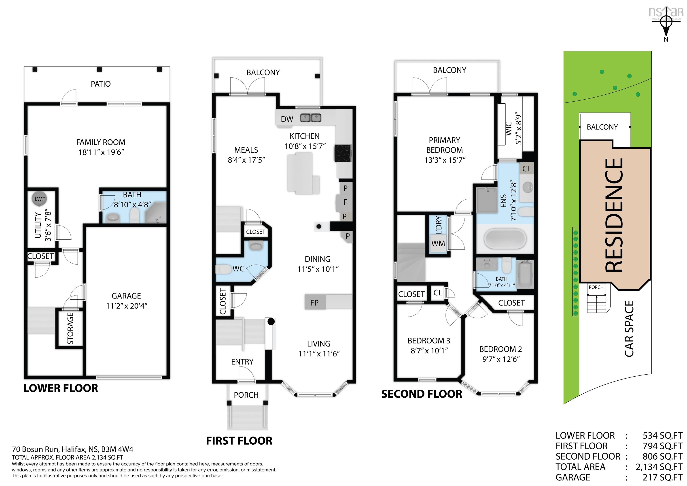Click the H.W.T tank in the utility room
coord(39,199)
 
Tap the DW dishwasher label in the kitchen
coord(287,119)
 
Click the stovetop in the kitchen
coord(343,153)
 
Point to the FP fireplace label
coord(314,303)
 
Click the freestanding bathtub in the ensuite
coord(505,238)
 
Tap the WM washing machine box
coord(438,244)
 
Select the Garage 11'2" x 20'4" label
coord(126,301)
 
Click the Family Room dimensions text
coord(101,152)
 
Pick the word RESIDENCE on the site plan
coord(614,215)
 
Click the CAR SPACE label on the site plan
coord(629,329)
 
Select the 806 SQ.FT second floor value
coord(662,456)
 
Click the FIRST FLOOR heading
coord(239,441)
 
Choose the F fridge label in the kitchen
coord(345,202)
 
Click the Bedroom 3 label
coord(429,341)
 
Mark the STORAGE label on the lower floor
coord(70,328)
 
